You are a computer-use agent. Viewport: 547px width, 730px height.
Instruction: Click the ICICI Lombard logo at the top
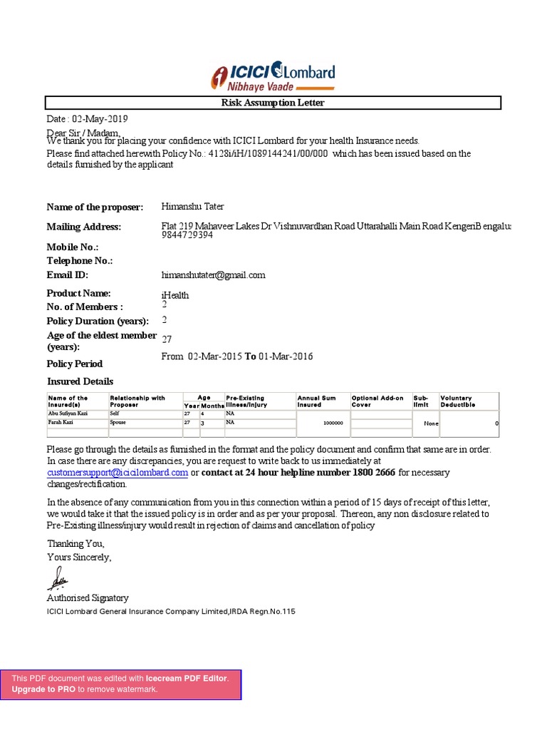[273, 77]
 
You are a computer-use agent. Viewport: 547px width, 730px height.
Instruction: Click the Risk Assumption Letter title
[273, 103]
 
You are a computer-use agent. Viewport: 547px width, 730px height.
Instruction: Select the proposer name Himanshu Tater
[193, 207]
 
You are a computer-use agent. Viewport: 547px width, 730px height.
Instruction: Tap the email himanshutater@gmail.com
[214, 275]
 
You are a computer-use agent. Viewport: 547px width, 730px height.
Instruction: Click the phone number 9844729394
[187, 235]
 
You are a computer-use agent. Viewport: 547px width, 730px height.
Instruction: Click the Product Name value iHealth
[175, 295]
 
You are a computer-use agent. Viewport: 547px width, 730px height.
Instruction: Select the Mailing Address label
[84, 227]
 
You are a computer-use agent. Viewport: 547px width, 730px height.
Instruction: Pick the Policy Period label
[75, 364]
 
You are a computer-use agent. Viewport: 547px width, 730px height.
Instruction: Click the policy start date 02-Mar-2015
[214, 356]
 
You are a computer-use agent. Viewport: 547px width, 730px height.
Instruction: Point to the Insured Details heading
[80, 381]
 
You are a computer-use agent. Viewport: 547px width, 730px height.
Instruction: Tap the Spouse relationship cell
[119, 422]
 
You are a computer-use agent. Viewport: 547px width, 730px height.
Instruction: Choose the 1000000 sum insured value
[333, 423]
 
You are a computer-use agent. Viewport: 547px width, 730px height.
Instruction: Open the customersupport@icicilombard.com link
[118, 473]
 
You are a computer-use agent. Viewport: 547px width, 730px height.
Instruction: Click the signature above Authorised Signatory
[58, 578]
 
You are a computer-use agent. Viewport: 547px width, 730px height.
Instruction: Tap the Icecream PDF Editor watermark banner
[121, 684]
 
